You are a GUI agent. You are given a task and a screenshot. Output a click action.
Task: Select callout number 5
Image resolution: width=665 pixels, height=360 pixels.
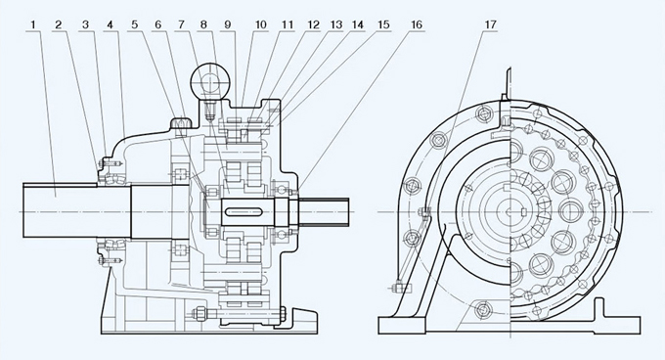click(134, 24)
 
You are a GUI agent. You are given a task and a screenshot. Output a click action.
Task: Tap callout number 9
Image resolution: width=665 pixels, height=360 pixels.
click(228, 24)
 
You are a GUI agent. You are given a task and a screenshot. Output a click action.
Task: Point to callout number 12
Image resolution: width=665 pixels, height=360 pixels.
click(313, 24)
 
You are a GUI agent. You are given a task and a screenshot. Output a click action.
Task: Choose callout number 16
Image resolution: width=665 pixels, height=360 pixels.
click(417, 24)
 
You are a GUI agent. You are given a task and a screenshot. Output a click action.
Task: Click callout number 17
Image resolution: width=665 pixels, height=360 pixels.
click(490, 24)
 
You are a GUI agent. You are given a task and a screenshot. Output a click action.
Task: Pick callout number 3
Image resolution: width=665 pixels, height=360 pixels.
click(86, 24)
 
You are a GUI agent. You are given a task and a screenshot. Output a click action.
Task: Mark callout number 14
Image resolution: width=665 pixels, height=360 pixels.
click(358, 24)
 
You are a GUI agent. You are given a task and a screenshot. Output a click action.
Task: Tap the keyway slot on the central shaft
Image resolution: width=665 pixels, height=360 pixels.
click(244, 211)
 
